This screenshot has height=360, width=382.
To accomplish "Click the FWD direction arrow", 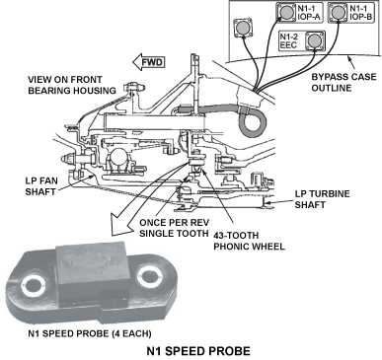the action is click(x=148, y=62).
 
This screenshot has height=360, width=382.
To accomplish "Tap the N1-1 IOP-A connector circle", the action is click(x=286, y=13).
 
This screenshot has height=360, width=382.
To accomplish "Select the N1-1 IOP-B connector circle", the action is click(x=338, y=13).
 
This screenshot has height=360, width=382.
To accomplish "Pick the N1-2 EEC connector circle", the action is click(x=315, y=41).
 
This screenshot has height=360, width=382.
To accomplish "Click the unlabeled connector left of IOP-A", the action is click(x=243, y=28).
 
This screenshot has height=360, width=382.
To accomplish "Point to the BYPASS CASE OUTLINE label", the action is click(x=344, y=82).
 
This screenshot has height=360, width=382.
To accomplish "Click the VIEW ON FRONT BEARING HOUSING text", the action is click(x=72, y=85).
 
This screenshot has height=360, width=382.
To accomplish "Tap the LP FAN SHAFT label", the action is click(x=41, y=186).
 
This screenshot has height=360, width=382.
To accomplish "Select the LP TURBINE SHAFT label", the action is click(x=322, y=199).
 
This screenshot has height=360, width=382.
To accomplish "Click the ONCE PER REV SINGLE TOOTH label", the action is click(x=174, y=228).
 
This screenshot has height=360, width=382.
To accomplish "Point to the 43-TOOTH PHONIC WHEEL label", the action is click(x=249, y=241).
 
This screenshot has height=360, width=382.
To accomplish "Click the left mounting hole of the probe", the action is click(x=33, y=284).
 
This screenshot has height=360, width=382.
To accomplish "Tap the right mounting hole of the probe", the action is click(x=150, y=275).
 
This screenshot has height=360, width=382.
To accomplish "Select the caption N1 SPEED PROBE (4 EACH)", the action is click(x=90, y=333).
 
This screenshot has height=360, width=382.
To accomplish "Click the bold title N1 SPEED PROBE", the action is click(x=198, y=351).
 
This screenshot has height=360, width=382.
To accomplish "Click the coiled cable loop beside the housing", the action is click(x=253, y=123).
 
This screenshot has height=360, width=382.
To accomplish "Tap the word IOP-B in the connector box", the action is click(x=360, y=17).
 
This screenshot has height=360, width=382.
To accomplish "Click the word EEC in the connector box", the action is click(x=288, y=45).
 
